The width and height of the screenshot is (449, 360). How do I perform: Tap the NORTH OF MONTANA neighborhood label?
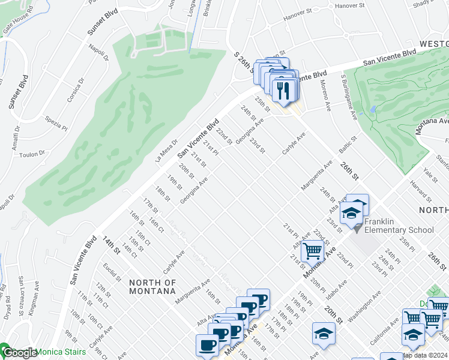[152, 286]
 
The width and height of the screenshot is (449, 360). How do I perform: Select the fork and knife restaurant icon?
[283, 91]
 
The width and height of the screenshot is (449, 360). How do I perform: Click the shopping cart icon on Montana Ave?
[312, 251]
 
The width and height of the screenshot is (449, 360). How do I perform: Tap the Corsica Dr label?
[75, 89]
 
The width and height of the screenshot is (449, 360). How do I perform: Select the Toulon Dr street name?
[32, 153]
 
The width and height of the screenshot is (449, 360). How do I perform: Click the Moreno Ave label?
[325, 95]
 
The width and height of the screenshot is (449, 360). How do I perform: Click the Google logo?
[19, 353]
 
